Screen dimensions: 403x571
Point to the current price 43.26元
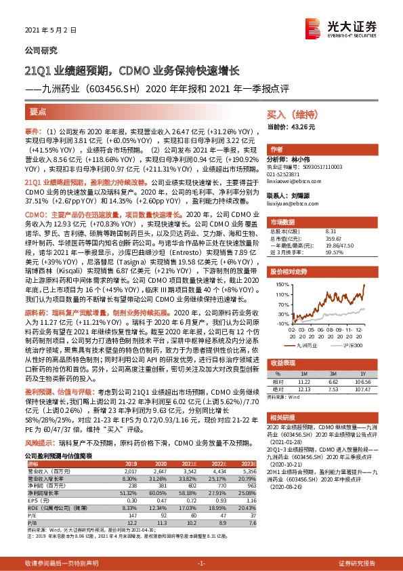292,127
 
